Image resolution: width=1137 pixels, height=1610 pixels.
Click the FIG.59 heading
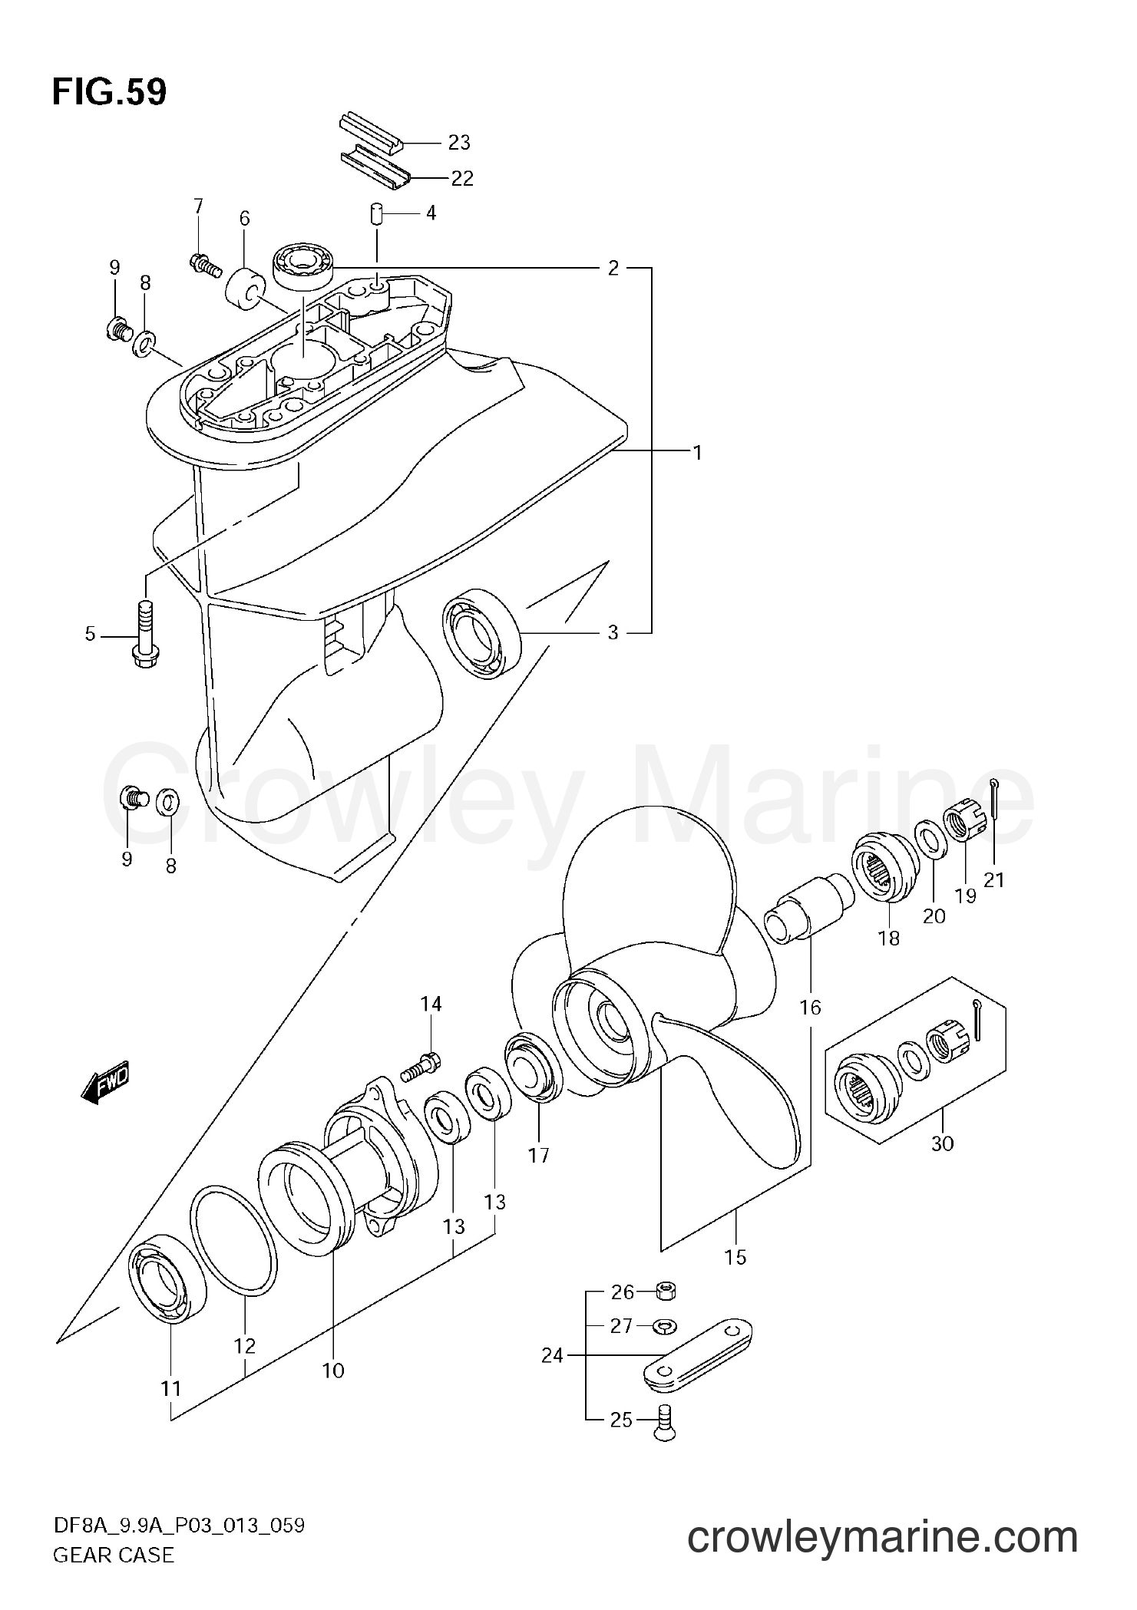click(x=109, y=92)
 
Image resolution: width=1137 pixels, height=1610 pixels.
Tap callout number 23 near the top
click(x=458, y=143)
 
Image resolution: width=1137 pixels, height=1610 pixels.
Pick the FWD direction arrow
click(x=105, y=1082)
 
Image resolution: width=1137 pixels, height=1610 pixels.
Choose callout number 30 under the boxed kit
click(x=942, y=1164)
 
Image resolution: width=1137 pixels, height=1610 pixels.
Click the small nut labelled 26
click(x=665, y=1292)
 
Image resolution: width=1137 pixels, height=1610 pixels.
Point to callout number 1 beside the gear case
click(x=697, y=453)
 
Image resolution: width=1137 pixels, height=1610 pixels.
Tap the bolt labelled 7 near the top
click(x=203, y=265)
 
